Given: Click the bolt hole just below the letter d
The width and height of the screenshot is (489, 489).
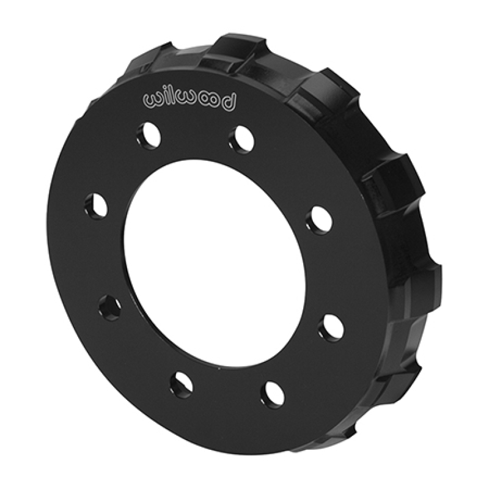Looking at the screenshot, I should (240, 138).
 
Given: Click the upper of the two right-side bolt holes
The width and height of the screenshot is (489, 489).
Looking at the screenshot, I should (321, 219).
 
